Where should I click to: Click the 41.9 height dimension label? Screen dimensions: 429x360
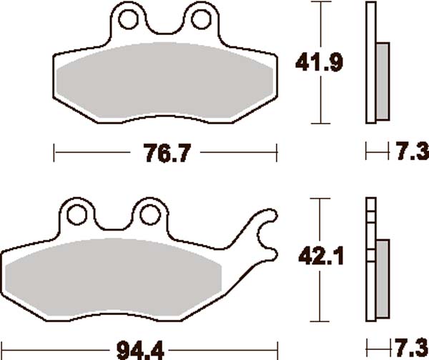click(x=319, y=63)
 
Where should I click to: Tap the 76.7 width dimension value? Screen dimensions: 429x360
click(x=167, y=153)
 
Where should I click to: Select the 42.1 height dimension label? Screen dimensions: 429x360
click(x=320, y=256)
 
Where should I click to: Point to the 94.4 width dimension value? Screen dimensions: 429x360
click(x=140, y=351)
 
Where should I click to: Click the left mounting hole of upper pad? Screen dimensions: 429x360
click(x=128, y=19)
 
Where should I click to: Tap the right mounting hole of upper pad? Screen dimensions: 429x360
click(x=201, y=19)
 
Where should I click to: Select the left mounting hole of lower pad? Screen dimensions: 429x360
click(x=77, y=215)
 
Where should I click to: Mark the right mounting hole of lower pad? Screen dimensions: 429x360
click(x=150, y=215)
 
